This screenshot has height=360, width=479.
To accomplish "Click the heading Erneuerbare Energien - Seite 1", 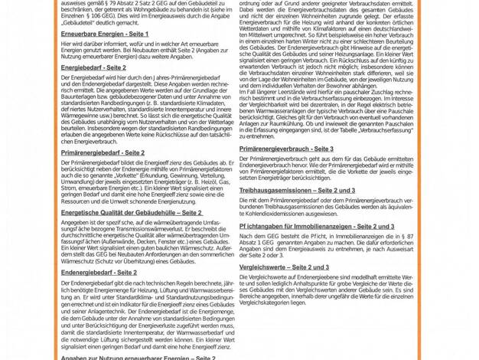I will tap(105, 34).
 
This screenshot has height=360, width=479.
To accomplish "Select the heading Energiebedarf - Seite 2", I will tap(93, 67).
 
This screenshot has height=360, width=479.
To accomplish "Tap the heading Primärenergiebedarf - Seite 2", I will tap(102, 152).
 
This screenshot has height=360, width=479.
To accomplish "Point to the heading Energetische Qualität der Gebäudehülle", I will tap(132, 212).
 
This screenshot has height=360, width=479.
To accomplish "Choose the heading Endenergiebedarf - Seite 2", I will tap(99, 272).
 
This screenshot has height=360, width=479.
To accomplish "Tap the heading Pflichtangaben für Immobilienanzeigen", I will tap(317, 227).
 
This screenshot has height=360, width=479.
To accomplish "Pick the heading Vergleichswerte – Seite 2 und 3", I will tap(284, 267).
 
